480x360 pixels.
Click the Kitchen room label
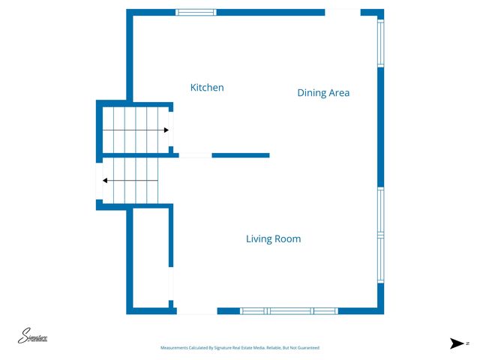click(207, 88)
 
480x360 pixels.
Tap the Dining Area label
click(323, 93)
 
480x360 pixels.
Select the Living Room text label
click(273, 239)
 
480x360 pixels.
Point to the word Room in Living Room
click(288, 239)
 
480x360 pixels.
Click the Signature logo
click(33, 337)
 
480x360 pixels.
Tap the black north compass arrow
click(455, 343)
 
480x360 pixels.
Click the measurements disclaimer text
click(240, 348)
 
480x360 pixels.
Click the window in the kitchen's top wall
click(196, 12)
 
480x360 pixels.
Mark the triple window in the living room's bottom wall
click(289, 310)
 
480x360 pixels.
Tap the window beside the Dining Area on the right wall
click(380, 43)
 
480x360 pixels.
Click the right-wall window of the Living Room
click(380, 234)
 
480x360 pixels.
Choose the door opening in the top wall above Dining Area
click(342, 12)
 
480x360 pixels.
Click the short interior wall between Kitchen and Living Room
click(240, 155)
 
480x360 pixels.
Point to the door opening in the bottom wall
click(196, 310)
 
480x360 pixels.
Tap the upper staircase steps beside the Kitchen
click(135, 129)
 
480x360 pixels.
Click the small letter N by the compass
click(466, 343)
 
